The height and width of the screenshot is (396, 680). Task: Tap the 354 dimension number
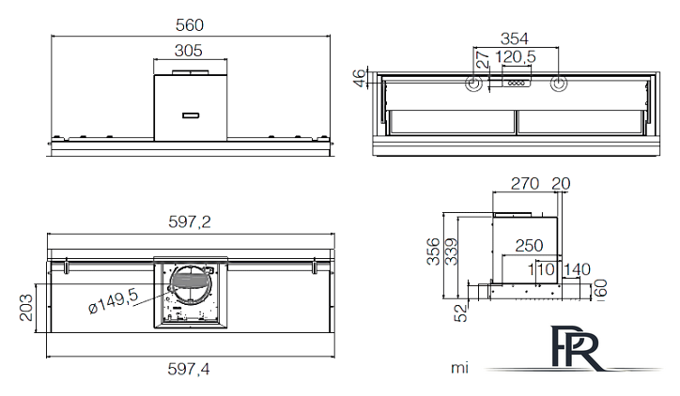click(x=516, y=38)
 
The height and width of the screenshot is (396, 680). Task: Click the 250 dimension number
click(x=529, y=245)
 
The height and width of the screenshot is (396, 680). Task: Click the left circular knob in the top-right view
click(x=473, y=84)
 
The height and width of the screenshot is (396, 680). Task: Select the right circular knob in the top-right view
click(x=559, y=84)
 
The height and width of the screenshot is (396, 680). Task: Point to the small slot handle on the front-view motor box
click(x=190, y=115)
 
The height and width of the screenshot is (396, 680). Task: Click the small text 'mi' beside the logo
click(x=459, y=368)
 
